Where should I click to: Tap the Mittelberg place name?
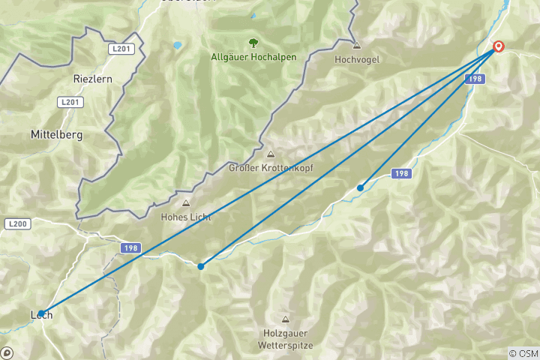tap(55, 135)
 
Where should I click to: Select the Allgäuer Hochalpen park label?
tap(253, 57)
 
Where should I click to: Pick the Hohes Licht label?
tap(185, 217)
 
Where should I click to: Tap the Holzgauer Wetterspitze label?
tap(285, 340)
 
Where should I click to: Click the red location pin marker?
tap(497, 47)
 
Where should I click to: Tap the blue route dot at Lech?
tap(41, 313)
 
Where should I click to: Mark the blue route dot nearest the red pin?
tap(361, 187)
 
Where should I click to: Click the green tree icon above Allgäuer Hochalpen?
tap(253, 42)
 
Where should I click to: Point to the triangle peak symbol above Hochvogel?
tap(355, 44)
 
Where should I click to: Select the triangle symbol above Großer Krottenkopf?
tap(270, 154)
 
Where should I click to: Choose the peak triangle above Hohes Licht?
tap(185, 203)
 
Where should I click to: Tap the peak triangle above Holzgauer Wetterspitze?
tap(285, 319)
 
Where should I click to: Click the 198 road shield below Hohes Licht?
tap(130, 247)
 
